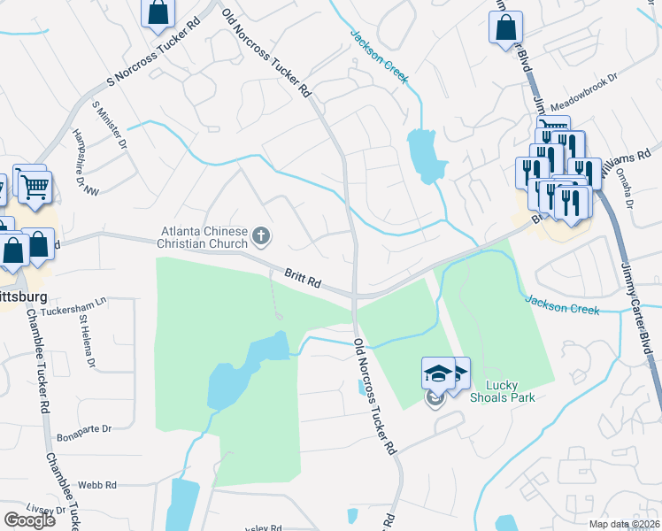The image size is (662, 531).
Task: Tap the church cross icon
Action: (x=261, y=235)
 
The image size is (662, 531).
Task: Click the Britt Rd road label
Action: (x=302, y=280)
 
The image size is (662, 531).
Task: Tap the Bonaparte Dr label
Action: (x=82, y=428)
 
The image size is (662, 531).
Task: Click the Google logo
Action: (x=29, y=520)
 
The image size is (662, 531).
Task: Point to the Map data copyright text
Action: (x=627, y=525)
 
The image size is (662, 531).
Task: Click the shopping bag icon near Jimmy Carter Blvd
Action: (x=505, y=27)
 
